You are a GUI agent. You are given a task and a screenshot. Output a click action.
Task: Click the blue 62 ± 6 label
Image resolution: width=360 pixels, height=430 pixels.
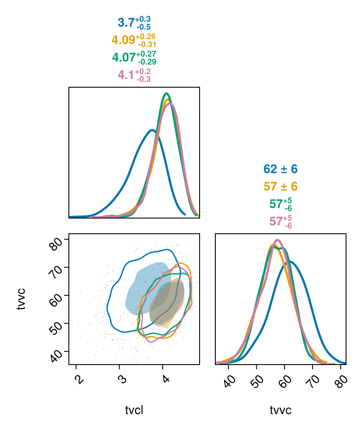[x=280, y=169]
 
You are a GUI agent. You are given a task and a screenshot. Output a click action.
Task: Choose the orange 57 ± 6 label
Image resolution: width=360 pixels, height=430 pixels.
[x=280, y=187]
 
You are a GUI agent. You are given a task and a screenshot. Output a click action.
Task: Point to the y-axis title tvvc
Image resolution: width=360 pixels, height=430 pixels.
[x=21, y=299]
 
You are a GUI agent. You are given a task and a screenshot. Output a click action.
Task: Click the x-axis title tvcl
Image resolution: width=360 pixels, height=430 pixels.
[x=134, y=410]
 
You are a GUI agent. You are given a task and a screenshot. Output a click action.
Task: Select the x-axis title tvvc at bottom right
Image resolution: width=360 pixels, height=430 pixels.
[x=281, y=410]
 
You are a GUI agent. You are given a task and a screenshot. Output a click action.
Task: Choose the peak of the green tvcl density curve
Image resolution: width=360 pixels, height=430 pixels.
[x=166, y=93]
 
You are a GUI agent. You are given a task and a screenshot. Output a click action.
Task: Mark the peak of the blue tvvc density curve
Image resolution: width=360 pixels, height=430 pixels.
[x=290, y=262]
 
